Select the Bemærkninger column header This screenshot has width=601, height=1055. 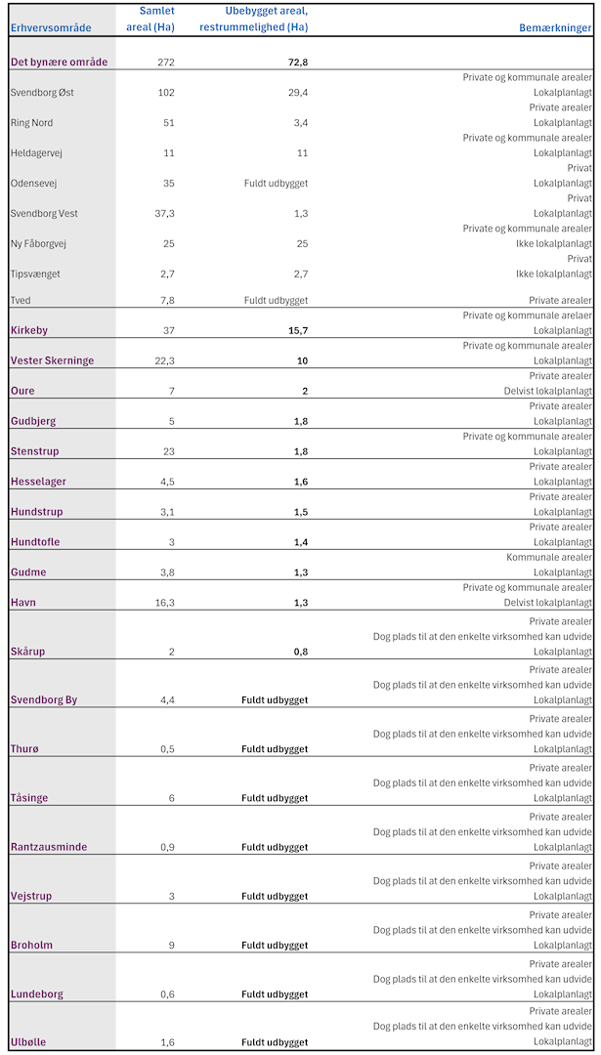click(x=555, y=28)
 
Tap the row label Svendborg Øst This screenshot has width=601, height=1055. click(x=42, y=93)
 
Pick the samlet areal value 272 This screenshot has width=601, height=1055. click(x=165, y=63)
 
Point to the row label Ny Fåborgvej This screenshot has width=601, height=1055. click(x=38, y=243)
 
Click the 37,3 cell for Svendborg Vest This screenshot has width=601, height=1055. click(x=163, y=214)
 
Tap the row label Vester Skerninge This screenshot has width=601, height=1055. click(x=52, y=361)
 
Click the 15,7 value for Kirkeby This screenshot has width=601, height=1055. click(x=297, y=331)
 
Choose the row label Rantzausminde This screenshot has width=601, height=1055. click(x=49, y=847)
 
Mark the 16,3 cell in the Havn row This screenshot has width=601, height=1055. click(x=163, y=603)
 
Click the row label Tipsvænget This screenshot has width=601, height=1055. click(x=36, y=274)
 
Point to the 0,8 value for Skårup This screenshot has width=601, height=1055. click(x=299, y=652)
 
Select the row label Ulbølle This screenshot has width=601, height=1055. click(x=29, y=1042)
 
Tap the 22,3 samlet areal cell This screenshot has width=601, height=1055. click(x=163, y=361)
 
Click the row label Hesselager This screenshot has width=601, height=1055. click(x=38, y=482)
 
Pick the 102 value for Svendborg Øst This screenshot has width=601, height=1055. click(x=165, y=93)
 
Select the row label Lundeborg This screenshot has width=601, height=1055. click(x=37, y=994)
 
